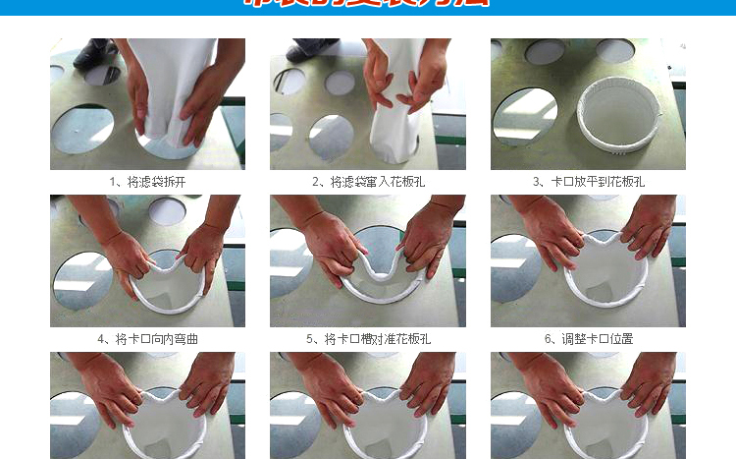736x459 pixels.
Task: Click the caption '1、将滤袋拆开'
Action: coord(147,182)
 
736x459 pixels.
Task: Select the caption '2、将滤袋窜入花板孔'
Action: coord(368,182)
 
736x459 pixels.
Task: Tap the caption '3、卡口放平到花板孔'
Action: coord(588,182)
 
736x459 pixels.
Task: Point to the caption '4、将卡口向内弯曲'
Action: coord(147,338)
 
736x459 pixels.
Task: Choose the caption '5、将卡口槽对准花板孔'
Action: coord(368,338)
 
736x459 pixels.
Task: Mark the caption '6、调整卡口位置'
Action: coord(588,338)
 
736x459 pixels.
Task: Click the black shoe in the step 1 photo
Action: coord(95,52)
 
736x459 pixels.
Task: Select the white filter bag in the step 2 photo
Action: coord(393,108)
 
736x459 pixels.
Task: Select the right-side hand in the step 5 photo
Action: coord(427,241)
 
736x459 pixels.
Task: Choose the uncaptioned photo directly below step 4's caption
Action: coord(147,405)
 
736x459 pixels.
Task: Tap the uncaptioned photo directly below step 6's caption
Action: coord(588,405)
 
